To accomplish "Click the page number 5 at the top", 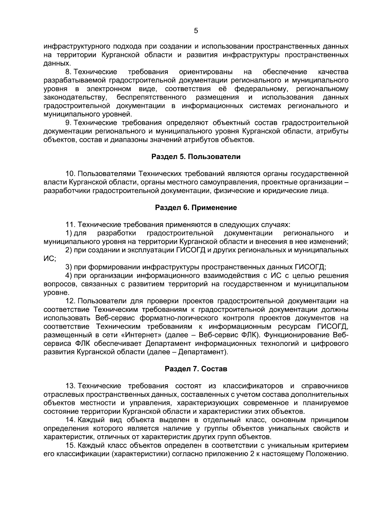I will tap(196, 31).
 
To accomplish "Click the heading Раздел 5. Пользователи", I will tap(196, 157).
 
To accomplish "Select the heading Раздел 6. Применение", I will tap(196, 208).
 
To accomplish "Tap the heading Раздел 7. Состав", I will tap(196, 369).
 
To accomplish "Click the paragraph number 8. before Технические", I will tap(68, 72).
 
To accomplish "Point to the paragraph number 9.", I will tap(68, 123).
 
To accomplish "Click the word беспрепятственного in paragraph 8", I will tap(152, 97).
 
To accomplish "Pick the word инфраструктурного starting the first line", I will tap(77, 47).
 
